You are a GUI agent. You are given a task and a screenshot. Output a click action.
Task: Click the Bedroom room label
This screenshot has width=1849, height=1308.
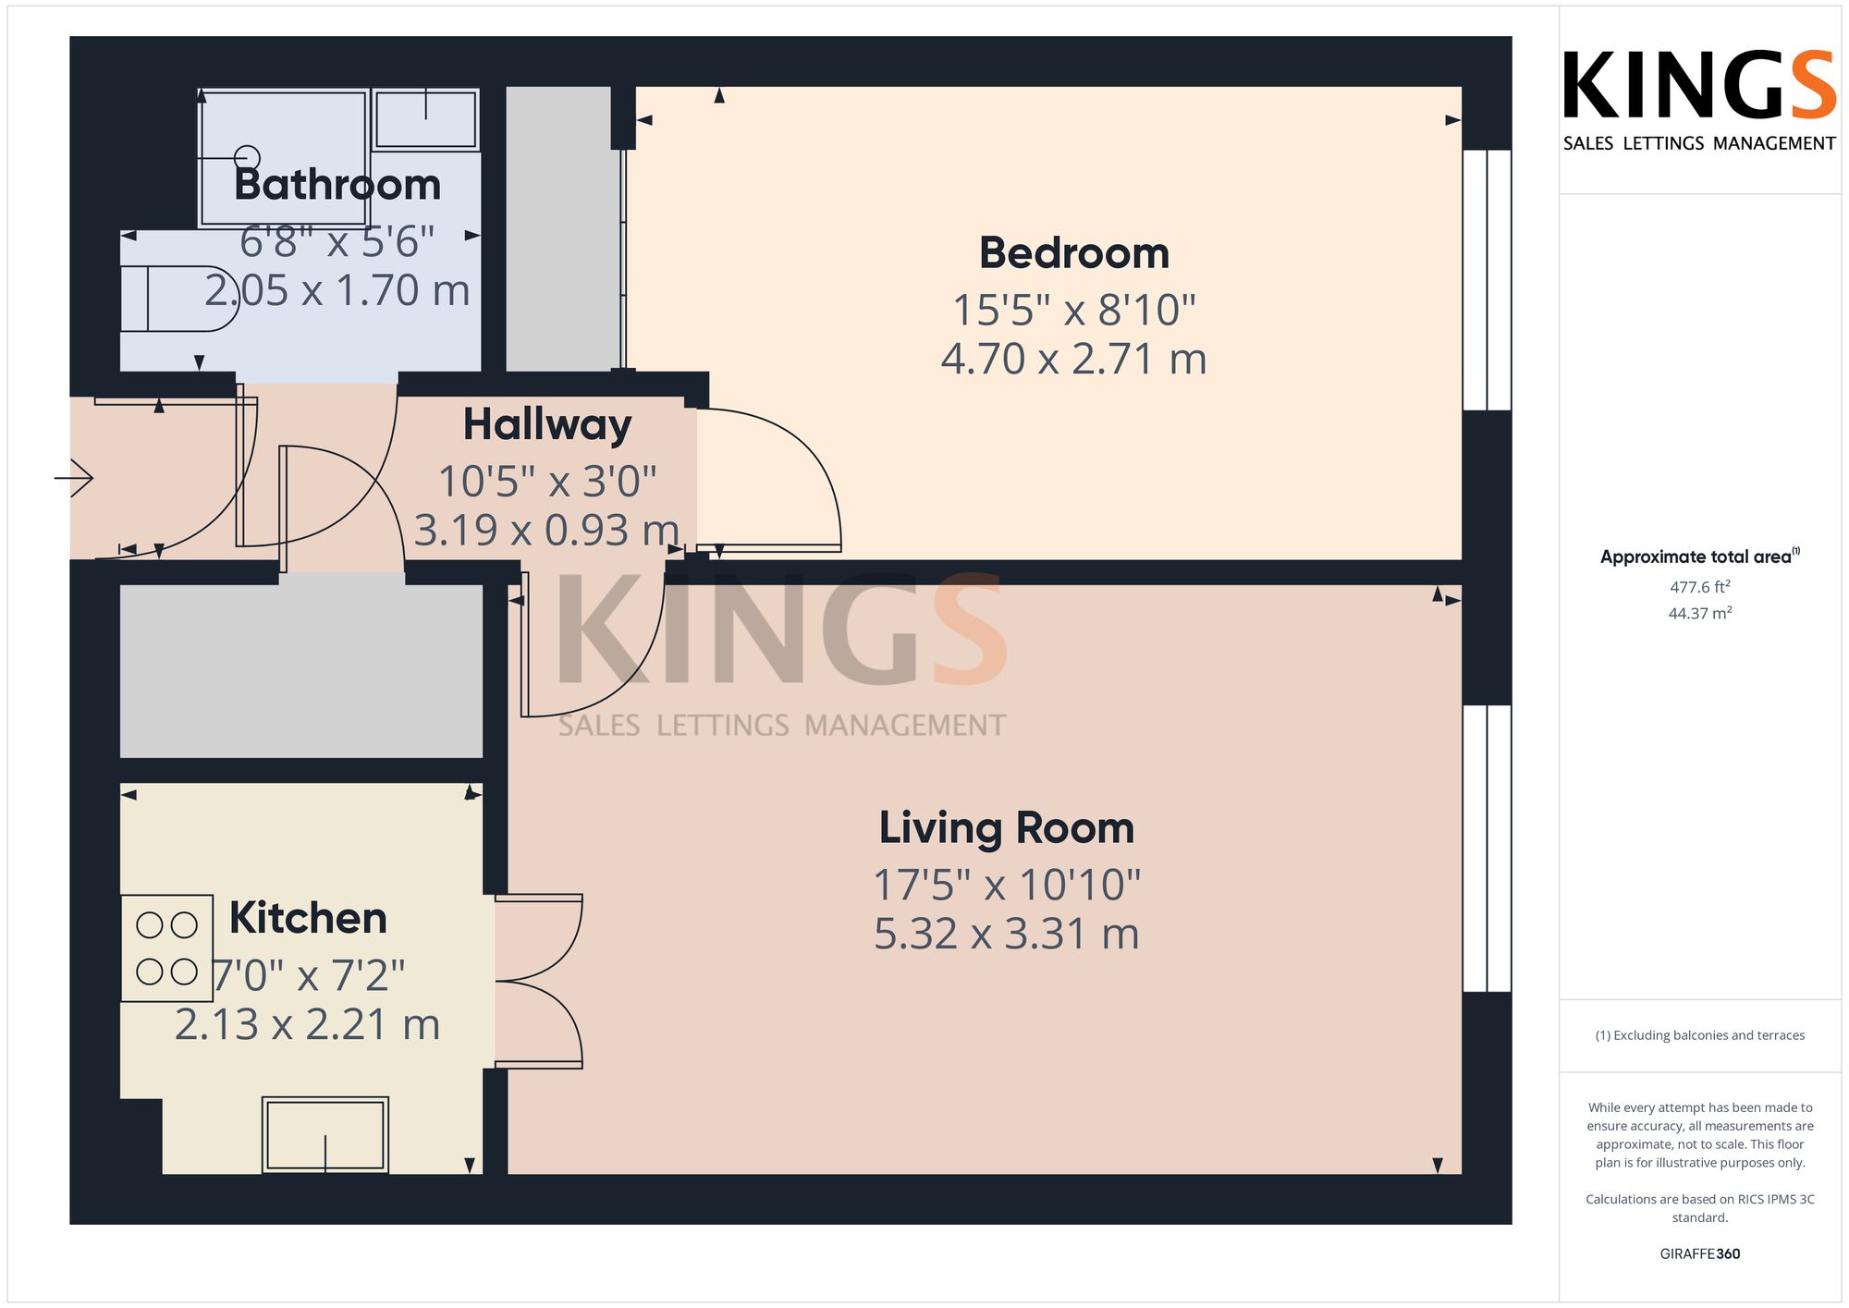1074,253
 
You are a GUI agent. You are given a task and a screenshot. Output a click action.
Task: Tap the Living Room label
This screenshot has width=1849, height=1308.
1006,828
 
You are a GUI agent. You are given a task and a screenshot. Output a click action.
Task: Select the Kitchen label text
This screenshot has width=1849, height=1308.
308,918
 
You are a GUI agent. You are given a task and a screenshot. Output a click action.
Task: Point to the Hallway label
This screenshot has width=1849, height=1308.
547,425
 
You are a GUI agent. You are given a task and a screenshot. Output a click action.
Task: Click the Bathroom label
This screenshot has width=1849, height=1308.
337,185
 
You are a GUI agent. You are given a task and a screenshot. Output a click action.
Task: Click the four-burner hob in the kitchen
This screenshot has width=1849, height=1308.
166,947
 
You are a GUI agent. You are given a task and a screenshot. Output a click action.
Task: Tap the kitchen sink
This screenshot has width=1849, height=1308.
325,1135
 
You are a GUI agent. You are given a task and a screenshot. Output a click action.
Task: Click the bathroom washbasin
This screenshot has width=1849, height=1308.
425,119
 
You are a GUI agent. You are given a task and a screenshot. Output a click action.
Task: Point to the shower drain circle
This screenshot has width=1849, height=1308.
248,158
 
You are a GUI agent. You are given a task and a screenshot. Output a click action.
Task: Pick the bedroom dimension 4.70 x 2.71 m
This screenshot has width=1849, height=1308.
1074,359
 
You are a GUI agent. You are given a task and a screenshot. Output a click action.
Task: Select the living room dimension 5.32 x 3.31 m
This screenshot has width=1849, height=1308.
1006,934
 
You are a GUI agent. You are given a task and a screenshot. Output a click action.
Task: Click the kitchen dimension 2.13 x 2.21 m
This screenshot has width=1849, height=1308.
308,1024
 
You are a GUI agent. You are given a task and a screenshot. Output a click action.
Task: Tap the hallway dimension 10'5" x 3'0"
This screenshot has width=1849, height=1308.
547,482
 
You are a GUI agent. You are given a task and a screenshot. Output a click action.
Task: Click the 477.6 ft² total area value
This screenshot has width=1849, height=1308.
1699,587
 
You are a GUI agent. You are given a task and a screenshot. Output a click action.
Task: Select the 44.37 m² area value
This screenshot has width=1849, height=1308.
1699,613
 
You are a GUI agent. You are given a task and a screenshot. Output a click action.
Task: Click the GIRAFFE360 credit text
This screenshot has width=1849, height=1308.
1699,1254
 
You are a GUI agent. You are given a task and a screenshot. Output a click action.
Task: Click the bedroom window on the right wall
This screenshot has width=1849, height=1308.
1487,280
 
